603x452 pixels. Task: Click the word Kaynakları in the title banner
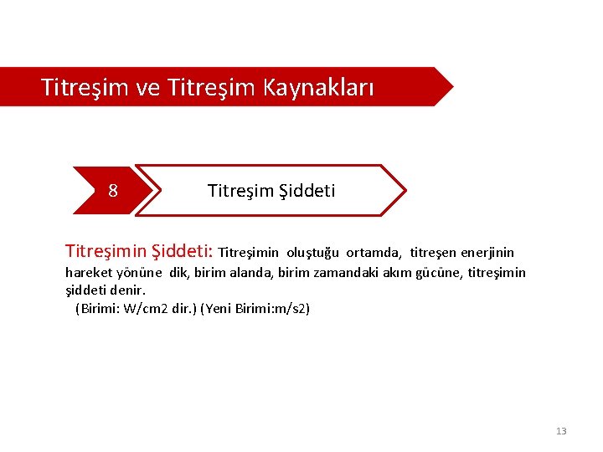pos(318,86)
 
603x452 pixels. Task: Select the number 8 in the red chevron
pos(113,191)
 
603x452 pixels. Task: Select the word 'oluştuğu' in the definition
pos(312,253)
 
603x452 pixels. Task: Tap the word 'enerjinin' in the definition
pos(487,253)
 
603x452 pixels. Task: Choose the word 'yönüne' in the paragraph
pos(140,272)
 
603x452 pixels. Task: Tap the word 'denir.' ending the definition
pos(128,290)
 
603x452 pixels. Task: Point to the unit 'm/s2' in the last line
pos(290,309)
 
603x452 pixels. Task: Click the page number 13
pos(561,431)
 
